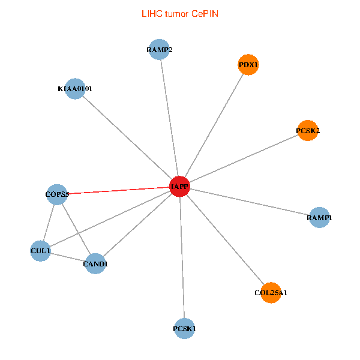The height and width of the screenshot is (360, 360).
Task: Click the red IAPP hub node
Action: [179, 187]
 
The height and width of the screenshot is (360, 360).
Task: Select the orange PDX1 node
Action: [248, 65]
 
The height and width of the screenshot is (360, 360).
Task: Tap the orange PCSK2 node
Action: [307, 131]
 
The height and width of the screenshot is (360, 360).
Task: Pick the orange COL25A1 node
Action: [271, 293]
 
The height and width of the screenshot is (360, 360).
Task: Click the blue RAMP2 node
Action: [159, 50]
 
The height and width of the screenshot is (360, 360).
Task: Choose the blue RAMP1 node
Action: [319, 218]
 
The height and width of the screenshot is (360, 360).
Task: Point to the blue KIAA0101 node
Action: [74, 89]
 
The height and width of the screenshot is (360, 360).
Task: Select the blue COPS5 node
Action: [57, 194]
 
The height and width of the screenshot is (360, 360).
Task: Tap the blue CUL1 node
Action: [40, 250]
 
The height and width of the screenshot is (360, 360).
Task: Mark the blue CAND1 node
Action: [95, 263]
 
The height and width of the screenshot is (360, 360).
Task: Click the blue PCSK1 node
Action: [184, 328]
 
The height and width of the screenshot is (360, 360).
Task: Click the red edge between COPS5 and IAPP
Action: [118, 190]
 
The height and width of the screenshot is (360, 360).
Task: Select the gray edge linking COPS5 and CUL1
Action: [49, 222]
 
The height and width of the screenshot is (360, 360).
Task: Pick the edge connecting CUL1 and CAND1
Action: [68, 257]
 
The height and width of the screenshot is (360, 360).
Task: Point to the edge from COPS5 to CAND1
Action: [76, 229]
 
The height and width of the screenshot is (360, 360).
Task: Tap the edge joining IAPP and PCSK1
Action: [182, 257]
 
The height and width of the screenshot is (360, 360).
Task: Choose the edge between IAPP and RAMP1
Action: [249, 202]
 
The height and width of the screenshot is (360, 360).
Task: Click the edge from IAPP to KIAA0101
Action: [127, 137]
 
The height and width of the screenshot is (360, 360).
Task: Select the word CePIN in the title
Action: [205, 13]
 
